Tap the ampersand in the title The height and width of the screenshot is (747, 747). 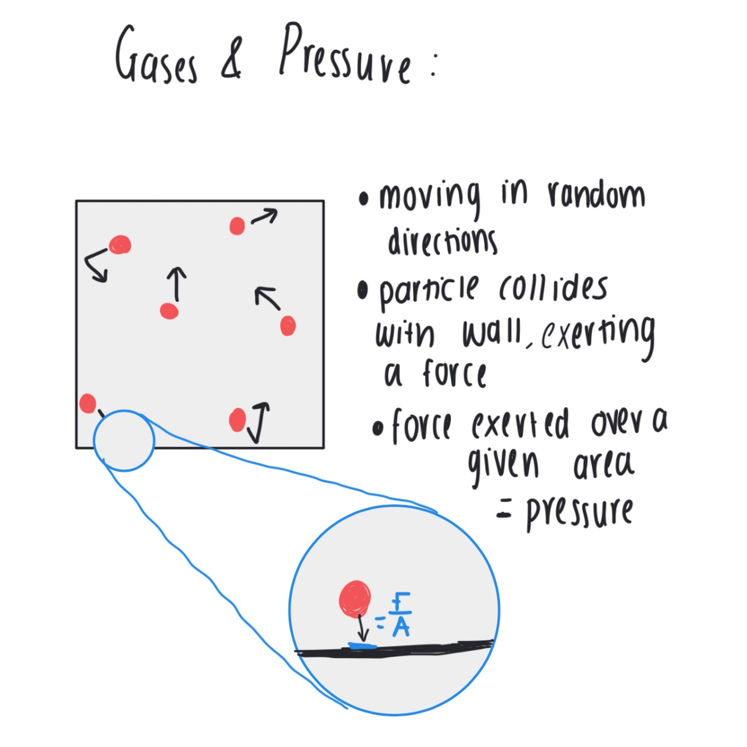coord(232,59)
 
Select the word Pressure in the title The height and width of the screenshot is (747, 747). coord(346,56)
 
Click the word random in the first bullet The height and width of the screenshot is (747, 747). coord(596,196)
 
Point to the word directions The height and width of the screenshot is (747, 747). coord(442,241)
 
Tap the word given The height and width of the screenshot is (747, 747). coord(503,465)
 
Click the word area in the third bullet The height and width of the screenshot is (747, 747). coord(603,465)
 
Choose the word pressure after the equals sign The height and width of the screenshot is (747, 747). coord(579,512)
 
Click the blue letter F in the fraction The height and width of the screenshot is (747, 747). coord(400,602)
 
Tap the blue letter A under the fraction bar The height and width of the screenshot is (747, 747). coord(401,627)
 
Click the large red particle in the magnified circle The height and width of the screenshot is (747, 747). coord(355,599)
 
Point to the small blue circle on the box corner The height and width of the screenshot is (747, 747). coord(124,441)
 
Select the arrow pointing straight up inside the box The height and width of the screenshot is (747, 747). coord(176,283)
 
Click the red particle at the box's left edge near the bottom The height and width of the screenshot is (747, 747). coord(87,403)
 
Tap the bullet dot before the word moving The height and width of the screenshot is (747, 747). coord(365,198)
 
